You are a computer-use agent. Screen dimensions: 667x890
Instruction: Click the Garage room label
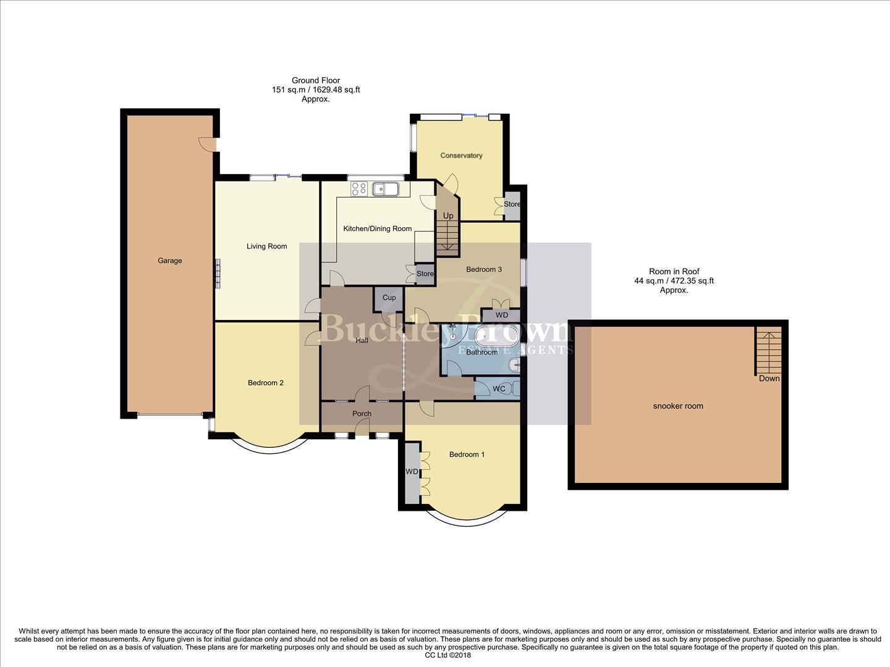[169, 261]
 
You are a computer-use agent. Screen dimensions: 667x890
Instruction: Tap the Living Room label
[266, 246]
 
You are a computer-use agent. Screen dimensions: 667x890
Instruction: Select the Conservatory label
[461, 156]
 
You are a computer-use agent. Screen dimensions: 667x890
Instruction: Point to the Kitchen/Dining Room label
[377, 229]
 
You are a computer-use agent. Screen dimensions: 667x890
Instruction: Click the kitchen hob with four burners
[359, 188]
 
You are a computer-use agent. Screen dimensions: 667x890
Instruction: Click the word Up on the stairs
[448, 216]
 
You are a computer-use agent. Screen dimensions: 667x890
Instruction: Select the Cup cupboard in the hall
[389, 298]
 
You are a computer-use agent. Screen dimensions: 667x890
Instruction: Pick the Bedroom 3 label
[483, 269]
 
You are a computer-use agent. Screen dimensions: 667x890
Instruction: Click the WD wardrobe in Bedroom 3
[502, 316]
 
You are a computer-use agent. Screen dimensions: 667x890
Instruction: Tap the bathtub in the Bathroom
[498, 336]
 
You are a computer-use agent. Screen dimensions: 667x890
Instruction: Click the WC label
[499, 389]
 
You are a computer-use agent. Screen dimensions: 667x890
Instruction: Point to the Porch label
[362, 414]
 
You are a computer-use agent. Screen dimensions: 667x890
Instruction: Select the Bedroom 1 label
[467, 455]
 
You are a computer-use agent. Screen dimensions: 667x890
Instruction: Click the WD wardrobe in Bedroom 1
[412, 472]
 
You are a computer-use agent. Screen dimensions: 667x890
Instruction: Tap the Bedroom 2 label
[265, 383]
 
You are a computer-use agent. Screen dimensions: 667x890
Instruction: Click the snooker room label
[678, 406]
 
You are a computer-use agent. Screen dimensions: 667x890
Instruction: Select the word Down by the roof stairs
[769, 379]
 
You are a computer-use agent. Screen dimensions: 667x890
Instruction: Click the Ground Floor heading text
[316, 80]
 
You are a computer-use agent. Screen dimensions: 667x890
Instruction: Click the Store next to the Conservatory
[512, 204]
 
